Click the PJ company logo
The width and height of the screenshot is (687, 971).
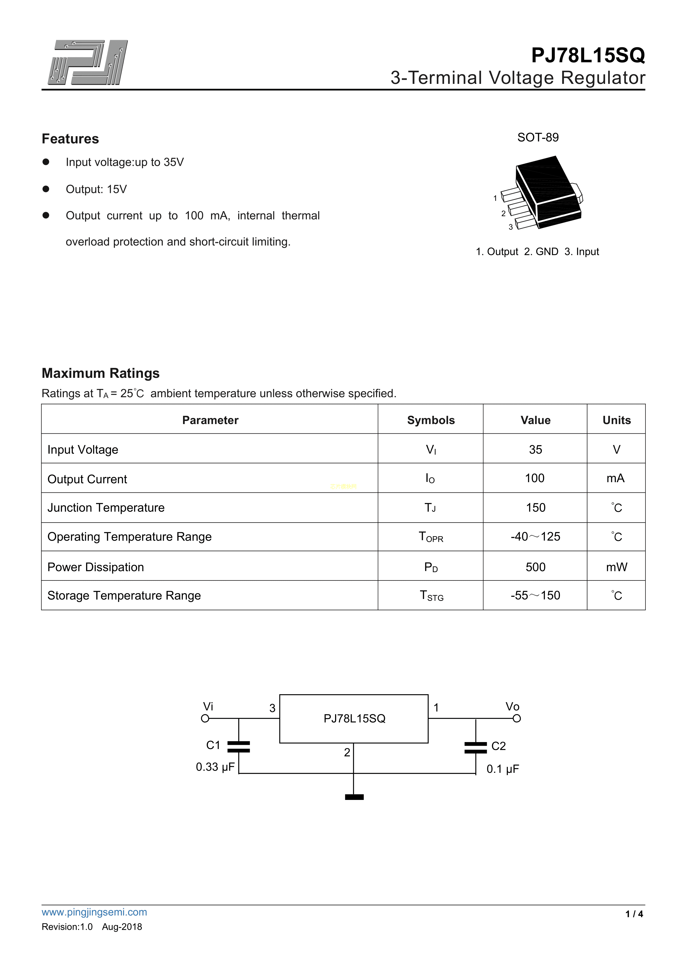coord(88,63)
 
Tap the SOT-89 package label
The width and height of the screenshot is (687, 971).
coord(538,138)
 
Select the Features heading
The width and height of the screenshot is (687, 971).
coord(70,139)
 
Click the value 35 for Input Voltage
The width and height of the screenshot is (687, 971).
coord(535,450)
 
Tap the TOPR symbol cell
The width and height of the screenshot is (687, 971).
coord(431,537)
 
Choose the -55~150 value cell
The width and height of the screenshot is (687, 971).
coord(535,595)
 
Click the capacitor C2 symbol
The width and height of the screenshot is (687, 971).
coord(475,748)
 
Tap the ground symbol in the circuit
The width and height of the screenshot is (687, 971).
coord(354,797)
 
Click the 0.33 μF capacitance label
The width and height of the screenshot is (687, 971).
coord(215,767)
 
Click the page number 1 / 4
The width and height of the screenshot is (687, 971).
coord(634,914)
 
